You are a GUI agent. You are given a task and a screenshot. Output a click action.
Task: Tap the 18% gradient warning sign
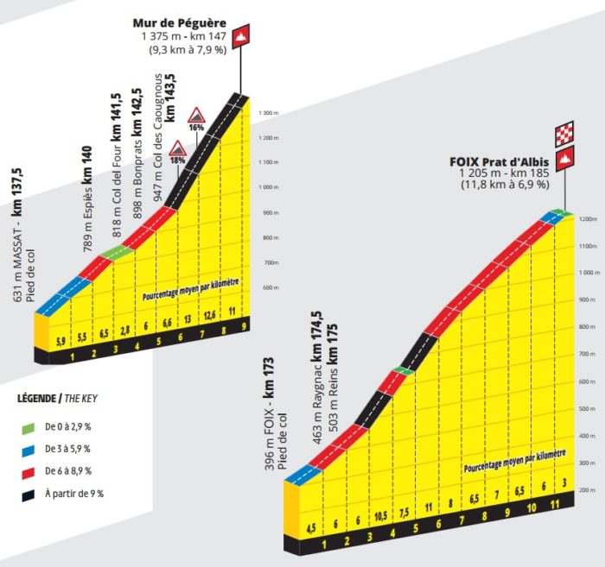pos(177,149)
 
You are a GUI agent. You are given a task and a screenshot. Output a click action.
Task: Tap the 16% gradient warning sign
pos(197,116)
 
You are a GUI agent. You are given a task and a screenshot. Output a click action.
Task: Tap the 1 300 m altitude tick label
pos(269,113)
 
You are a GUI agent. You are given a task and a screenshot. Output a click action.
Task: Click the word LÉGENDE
pos(39,399)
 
